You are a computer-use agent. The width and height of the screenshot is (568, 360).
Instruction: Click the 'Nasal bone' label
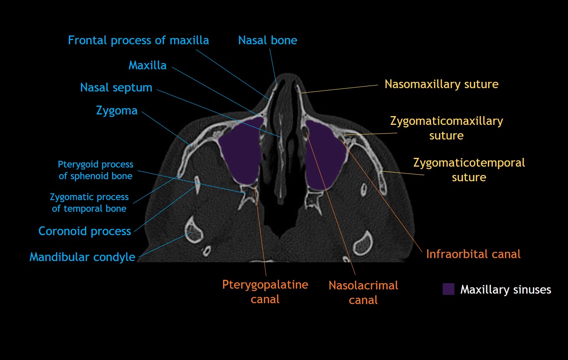[267, 41]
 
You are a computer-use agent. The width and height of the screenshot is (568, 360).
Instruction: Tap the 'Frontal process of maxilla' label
[138, 41]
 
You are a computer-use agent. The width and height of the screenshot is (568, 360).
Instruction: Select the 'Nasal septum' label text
[116, 88]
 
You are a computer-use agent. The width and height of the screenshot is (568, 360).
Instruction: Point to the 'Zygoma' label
[117, 111]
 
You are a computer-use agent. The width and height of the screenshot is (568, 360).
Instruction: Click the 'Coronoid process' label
[85, 231]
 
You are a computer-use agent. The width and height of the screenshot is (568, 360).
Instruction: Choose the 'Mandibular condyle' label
[82, 257]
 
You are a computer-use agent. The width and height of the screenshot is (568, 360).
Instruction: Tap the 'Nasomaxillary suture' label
[441, 84]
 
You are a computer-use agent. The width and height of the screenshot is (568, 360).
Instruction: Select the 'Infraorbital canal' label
[473, 254]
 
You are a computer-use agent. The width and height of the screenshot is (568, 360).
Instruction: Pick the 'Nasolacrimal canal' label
[363, 292]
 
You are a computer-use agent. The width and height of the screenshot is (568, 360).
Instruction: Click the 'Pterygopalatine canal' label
[265, 292]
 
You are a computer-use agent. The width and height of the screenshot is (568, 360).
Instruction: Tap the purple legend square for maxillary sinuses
[448, 289]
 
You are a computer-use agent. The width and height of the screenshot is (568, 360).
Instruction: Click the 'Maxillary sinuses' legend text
[505, 289]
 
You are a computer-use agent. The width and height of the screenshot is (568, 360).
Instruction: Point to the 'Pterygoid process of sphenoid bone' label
[96, 170]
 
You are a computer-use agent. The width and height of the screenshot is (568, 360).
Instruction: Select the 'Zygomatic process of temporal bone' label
[89, 202]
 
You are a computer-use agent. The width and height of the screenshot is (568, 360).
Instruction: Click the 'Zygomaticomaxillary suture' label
[446, 128]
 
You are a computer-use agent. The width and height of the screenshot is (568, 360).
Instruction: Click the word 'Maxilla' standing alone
[147, 65]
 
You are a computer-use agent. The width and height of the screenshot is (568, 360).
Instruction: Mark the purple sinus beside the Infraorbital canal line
[326, 155]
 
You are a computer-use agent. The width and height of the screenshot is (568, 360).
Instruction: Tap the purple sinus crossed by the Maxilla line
[240, 152]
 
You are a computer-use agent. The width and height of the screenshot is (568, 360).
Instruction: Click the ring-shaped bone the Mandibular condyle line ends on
[193, 230]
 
